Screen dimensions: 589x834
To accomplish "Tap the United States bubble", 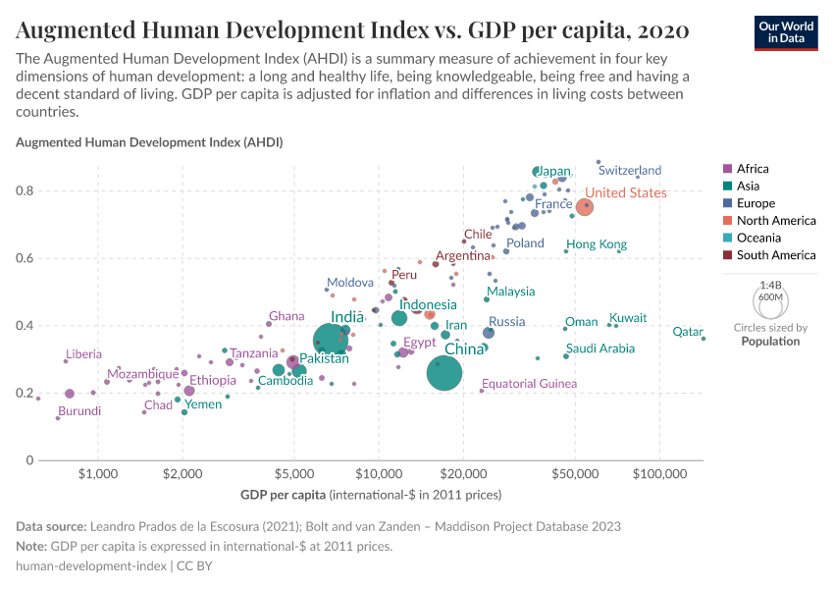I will point(585,206).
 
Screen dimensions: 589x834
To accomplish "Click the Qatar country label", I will point(687,332).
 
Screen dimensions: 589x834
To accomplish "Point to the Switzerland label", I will point(630,170).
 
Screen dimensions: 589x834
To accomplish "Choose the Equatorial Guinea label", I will point(529,383).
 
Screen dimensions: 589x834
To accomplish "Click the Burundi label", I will point(79,410).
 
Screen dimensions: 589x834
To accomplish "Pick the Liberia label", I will point(83,353).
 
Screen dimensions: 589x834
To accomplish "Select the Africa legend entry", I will point(753,169).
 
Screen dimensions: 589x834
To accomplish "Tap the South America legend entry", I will point(776,255).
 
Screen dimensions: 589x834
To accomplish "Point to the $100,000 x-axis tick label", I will point(659,475).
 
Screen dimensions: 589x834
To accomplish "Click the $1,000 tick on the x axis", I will point(97,475).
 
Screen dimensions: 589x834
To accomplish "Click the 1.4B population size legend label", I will point(770,285).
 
